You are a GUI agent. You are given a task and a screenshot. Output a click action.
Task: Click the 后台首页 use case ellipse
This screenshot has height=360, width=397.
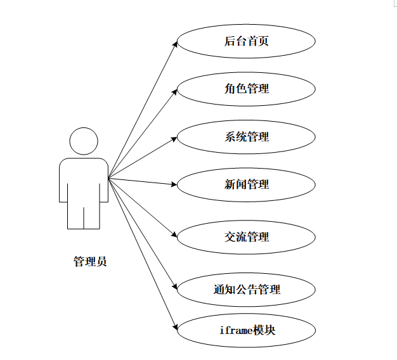[246, 42]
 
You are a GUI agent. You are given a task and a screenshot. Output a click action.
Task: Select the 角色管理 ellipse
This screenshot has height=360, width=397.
[246, 89]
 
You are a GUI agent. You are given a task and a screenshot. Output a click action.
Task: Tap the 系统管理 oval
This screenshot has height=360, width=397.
[246, 136]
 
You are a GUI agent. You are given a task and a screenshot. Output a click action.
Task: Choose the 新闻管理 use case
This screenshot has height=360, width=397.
[246, 184]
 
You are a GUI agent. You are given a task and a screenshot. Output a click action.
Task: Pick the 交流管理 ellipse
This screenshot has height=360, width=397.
[246, 237]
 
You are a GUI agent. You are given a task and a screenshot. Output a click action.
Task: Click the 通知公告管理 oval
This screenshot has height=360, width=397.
[246, 290]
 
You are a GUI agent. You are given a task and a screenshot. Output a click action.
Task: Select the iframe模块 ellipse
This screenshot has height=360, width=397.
[246, 330]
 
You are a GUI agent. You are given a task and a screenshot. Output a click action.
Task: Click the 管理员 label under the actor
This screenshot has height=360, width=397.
[90, 261]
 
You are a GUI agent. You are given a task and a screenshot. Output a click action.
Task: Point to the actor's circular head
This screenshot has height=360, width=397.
[84, 141]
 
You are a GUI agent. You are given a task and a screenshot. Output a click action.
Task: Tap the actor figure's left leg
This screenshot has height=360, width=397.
[75, 215]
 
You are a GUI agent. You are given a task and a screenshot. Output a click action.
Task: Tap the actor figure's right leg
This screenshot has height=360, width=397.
[92, 215]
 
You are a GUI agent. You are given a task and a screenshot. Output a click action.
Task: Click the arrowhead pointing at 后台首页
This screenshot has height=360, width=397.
[175, 44]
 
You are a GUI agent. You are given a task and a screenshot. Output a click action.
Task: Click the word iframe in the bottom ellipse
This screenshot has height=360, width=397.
[234, 330]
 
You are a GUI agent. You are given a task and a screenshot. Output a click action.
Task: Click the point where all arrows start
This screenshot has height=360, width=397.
[108, 178]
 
